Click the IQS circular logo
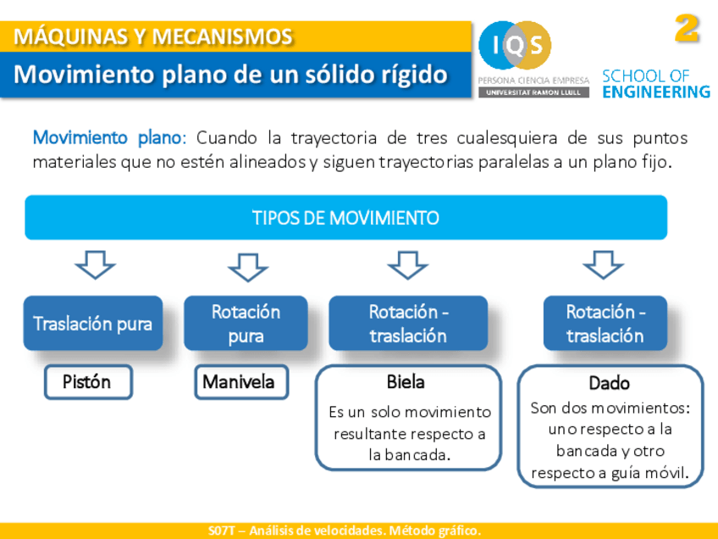tap(515, 46)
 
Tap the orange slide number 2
tap(687, 30)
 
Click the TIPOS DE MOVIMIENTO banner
tap(345, 218)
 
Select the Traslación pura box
tap(93, 323)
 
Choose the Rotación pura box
tap(246, 323)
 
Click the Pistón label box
tap(87, 381)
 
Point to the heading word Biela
tap(406, 382)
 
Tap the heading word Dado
tap(609, 383)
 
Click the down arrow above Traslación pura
tap(95, 264)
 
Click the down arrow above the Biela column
tap(407, 264)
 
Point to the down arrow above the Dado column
tap(603, 264)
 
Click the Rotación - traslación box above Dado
tap(605, 323)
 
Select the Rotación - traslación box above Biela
tap(408, 323)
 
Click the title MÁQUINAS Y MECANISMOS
tap(153, 37)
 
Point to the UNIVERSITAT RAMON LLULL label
tap(533, 92)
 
